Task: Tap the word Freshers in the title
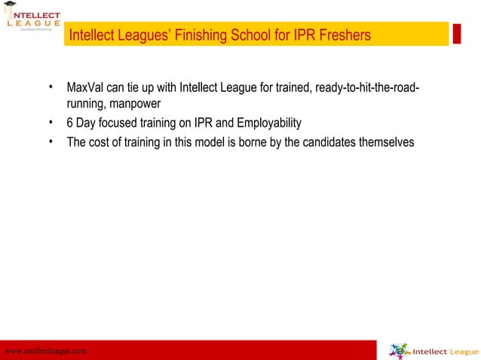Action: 345,35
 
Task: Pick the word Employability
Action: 268,123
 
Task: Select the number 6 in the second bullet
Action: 69,123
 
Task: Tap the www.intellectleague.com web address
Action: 46,351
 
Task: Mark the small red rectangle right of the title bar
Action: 456,34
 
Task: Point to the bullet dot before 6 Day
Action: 50,122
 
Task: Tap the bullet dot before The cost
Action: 50,140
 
